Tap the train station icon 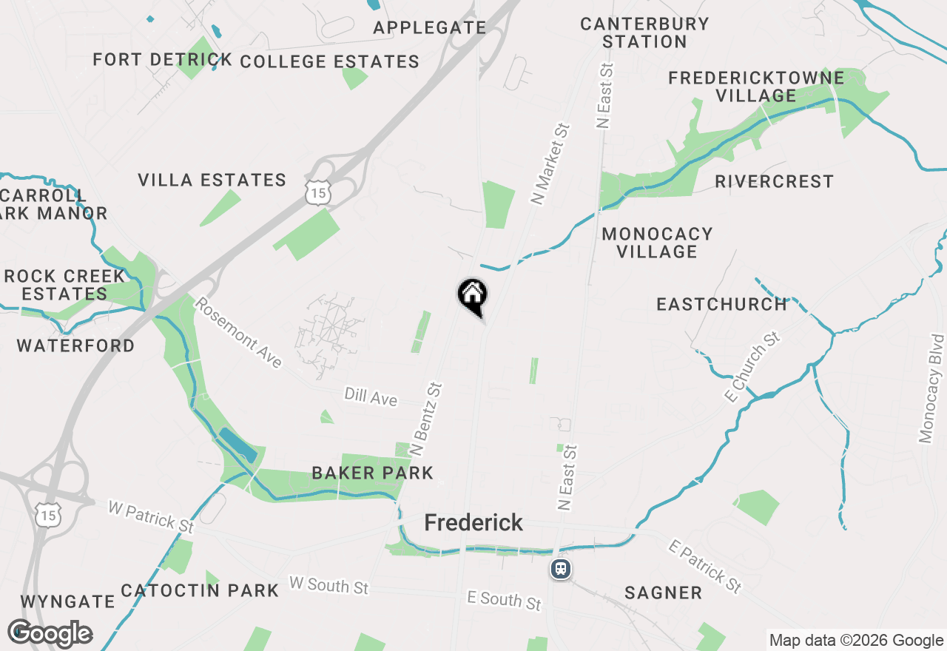click(561, 569)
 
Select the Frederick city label click(473, 523)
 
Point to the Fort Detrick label click(163, 60)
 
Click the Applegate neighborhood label click(429, 28)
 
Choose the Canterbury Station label click(644, 33)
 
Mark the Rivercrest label click(774, 181)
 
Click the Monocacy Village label click(657, 243)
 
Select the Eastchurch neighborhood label click(721, 304)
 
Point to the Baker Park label click(372, 473)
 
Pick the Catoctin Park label click(200, 590)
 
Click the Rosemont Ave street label click(238, 332)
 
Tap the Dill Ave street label click(371, 397)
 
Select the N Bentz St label click(425, 419)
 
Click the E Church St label click(753, 368)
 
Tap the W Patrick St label click(150, 516)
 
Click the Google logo click(50, 634)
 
